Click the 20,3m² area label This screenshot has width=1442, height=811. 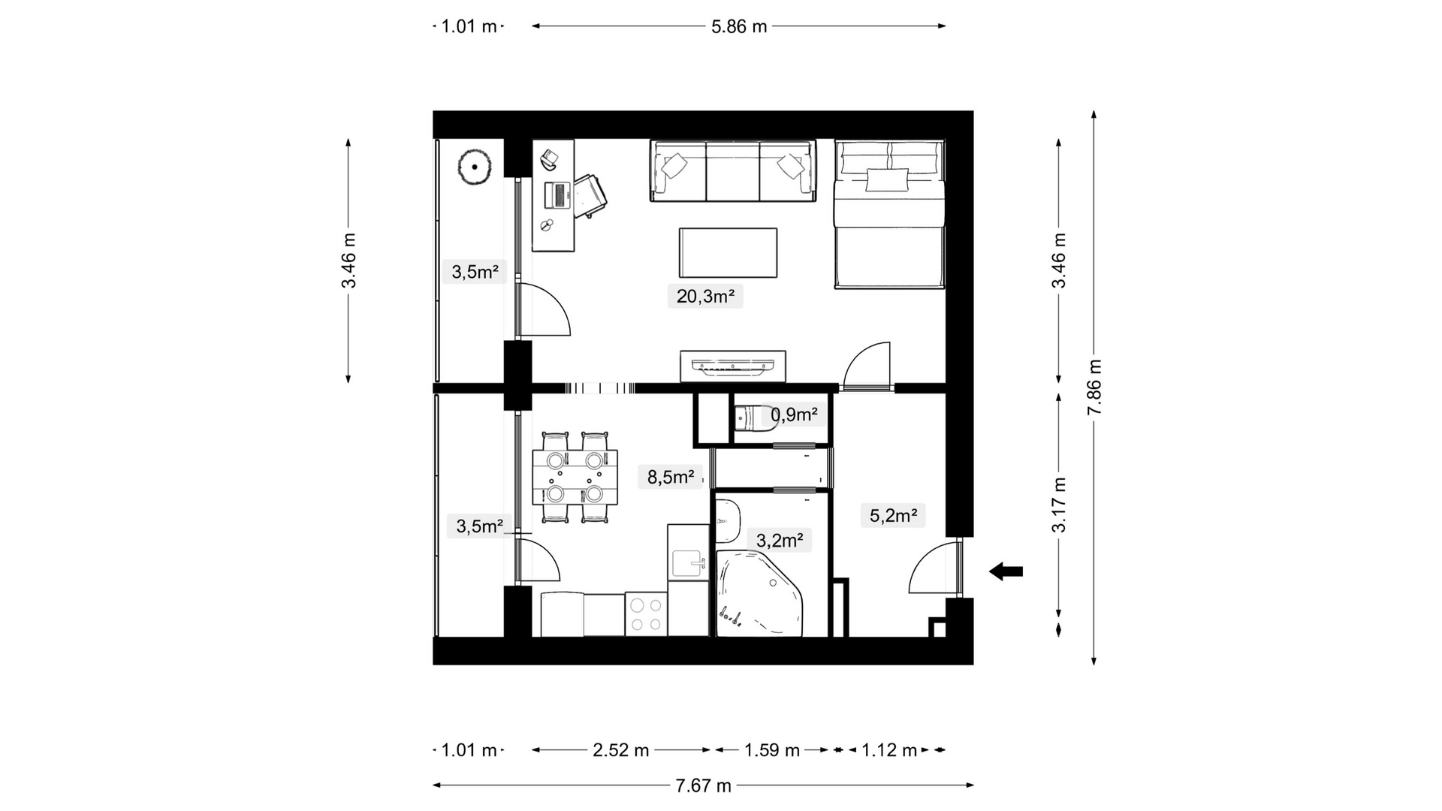point(705,296)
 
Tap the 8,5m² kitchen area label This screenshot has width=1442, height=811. point(671,476)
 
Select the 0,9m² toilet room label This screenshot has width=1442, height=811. point(794,415)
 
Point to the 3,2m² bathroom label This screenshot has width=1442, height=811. point(780,540)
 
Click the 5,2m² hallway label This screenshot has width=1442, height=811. point(893,515)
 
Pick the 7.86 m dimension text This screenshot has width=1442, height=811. point(1094,387)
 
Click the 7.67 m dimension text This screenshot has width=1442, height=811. point(703,785)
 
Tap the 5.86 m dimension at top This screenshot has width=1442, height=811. point(739,26)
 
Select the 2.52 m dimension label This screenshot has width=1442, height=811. point(621,750)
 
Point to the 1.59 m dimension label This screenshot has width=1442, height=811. point(772,750)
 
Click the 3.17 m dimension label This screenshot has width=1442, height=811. point(1059,505)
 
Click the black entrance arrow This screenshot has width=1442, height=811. point(1006,571)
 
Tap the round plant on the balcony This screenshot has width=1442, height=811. point(475,167)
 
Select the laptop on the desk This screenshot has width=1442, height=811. point(558,194)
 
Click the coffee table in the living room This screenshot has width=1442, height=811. point(728,253)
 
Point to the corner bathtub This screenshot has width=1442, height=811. point(759,594)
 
